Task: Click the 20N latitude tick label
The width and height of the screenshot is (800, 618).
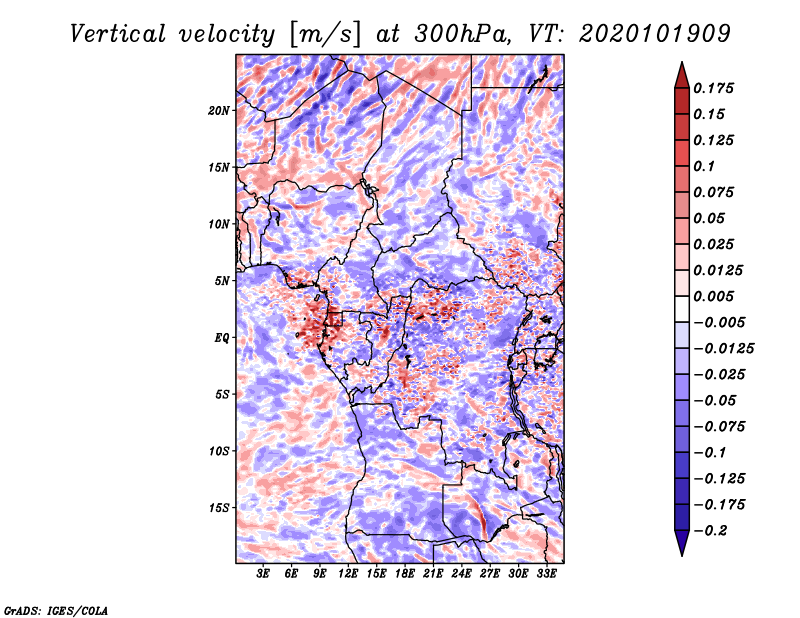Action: [x=219, y=111]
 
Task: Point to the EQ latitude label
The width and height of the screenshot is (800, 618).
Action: [x=222, y=338]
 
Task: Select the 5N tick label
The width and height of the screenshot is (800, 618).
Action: [x=222, y=281]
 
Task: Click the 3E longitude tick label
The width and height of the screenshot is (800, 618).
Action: [x=263, y=574]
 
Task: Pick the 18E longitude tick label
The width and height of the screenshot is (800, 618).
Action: [x=405, y=574]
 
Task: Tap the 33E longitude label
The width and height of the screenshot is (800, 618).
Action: [x=546, y=574]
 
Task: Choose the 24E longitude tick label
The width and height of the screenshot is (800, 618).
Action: [x=461, y=574]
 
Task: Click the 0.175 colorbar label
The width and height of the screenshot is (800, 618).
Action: [x=713, y=88]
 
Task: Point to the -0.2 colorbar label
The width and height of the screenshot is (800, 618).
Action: [x=710, y=531]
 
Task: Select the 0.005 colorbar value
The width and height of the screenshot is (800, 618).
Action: [x=713, y=296]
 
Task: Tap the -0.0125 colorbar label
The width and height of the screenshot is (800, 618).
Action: [x=723, y=349]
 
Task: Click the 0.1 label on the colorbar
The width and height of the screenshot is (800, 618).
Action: [x=704, y=166]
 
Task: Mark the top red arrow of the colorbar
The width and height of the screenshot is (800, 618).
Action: [x=682, y=76]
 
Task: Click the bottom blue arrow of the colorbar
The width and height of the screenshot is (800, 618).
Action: [x=682, y=543]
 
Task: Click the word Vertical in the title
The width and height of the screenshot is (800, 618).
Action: [x=117, y=34]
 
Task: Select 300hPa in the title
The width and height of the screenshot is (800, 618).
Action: [x=462, y=34]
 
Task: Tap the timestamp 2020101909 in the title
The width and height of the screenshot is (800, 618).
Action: [x=655, y=34]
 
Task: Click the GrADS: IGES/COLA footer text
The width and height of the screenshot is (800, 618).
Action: [x=56, y=611]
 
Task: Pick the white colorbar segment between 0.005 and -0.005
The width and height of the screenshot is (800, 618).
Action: [x=682, y=309]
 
